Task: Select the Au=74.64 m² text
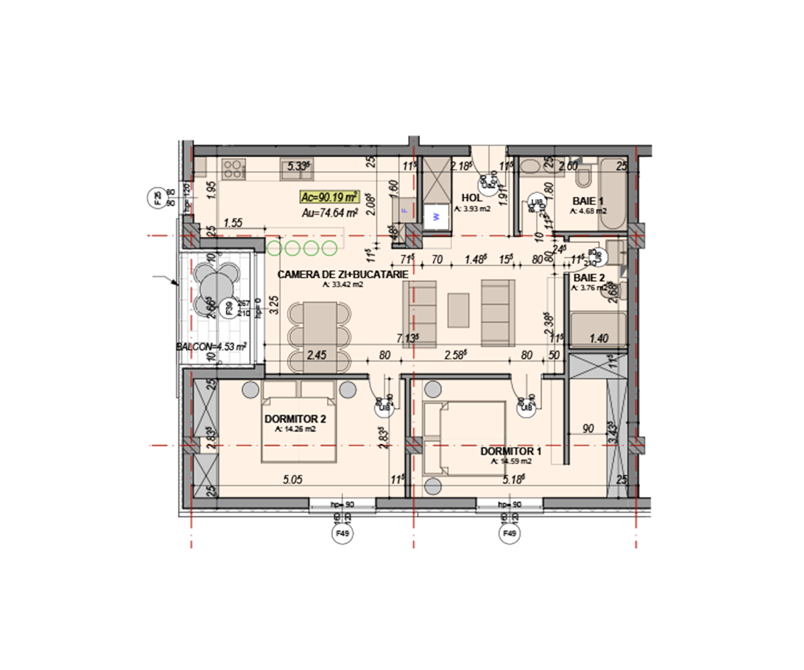[330, 213]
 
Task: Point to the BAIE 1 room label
[588, 201]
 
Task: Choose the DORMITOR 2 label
[295, 419]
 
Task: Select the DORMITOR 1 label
[511, 452]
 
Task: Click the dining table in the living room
[320, 334]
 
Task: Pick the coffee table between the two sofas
[459, 310]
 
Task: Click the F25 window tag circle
[156, 198]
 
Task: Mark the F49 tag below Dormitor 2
[343, 534]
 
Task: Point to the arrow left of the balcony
[166, 280]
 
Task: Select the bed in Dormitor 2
[299, 428]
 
